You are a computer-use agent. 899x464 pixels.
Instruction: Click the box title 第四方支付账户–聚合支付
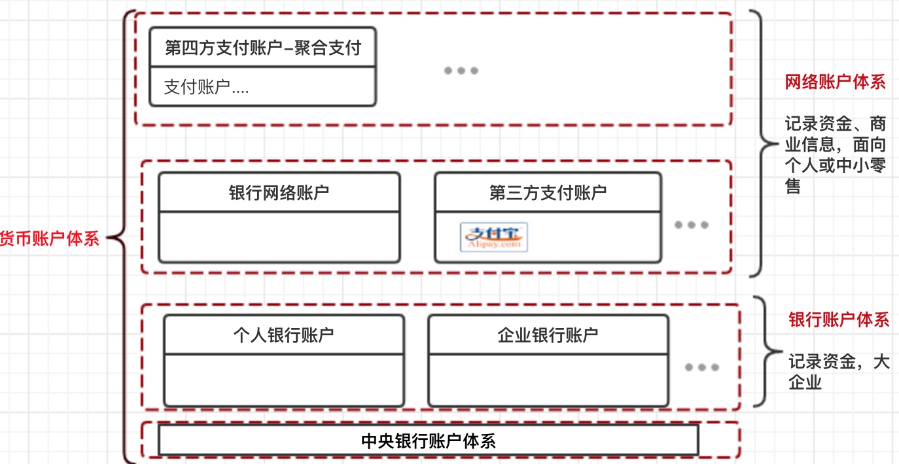click(x=262, y=47)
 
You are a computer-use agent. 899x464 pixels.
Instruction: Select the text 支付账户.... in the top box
click(x=206, y=88)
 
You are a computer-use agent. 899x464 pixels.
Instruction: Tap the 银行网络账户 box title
click(x=279, y=192)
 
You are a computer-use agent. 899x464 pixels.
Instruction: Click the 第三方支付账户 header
click(x=548, y=192)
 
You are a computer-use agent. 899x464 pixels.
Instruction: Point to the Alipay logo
click(x=494, y=237)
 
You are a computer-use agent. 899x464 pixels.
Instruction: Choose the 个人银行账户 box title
click(x=283, y=335)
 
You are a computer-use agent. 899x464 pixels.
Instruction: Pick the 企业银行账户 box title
click(x=548, y=335)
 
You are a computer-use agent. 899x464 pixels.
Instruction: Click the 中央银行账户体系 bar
click(x=428, y=440)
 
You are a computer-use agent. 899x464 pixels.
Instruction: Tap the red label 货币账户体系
click(x=49, y=238)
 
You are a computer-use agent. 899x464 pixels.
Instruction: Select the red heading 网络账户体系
click(x=835, y=82)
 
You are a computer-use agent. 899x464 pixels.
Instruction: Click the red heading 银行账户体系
click(x=839, y=320)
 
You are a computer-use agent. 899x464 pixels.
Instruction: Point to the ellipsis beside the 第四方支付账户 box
click(x=461, y=71)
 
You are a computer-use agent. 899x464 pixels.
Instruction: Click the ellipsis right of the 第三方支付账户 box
click(x=692, y=225)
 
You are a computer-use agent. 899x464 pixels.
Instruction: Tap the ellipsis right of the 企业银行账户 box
click(x=702, y=367)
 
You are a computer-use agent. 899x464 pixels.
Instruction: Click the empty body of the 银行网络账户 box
click(x=279, y=237)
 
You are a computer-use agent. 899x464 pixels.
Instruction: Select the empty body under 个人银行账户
click(x=283, y=380)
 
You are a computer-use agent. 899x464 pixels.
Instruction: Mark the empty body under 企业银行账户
click(x=548, y=380)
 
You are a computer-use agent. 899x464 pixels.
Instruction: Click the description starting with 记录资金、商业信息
click(x=836, y=155)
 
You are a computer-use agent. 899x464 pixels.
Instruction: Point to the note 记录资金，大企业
click(x=838, y=371)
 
